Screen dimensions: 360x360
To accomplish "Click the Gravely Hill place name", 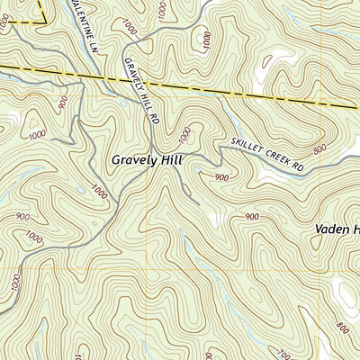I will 148,159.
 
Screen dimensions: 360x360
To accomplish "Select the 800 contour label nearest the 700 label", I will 341,327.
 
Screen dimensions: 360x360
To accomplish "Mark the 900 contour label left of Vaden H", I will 251,216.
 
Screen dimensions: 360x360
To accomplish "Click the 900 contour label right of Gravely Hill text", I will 221,178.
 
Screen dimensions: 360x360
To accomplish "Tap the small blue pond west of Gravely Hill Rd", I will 81,191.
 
